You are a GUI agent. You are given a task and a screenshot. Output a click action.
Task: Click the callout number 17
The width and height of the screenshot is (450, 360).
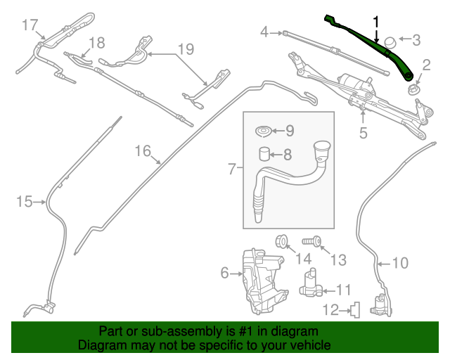29,25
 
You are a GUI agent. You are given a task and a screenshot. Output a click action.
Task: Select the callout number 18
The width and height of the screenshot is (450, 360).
96,42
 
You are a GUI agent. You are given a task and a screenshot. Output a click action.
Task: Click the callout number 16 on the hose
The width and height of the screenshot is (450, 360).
143,150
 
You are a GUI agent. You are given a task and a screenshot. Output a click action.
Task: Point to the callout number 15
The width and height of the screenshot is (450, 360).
24,202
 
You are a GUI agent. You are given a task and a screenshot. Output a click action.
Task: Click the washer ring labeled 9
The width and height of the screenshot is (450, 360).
264,131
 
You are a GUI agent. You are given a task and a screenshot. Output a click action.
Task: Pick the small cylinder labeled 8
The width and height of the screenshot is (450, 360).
263,155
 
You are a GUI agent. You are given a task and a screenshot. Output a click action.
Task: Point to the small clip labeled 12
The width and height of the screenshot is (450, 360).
356,308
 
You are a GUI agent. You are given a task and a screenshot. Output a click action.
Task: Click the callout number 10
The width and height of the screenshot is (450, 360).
399,264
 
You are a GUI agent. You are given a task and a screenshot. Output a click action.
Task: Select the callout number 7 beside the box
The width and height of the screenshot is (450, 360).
232,168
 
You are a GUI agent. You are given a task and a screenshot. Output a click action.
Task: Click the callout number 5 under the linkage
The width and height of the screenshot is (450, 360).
363,131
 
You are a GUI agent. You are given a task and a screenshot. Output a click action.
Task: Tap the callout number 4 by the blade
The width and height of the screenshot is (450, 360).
265,32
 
